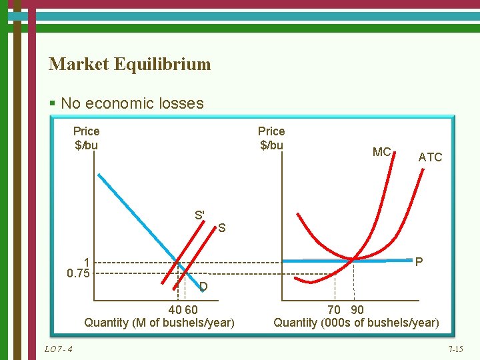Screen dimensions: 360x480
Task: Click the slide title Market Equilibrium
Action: [129, 64]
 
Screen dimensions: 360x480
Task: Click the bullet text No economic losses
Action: [131, 103]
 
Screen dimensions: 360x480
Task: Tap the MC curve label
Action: [381, 152]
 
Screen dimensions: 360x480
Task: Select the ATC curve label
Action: [430, 157]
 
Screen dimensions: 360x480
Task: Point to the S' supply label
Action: [199, 215]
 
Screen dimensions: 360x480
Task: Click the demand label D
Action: [203, 287]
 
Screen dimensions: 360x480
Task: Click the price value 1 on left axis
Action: [87, 262]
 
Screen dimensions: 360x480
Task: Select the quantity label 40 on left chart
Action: [175, 310]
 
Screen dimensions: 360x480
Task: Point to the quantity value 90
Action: [357, 310]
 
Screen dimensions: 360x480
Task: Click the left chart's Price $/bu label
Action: [86, 138]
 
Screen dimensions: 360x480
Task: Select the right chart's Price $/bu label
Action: [271, 138]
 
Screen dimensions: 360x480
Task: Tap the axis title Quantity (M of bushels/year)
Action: [159, 323]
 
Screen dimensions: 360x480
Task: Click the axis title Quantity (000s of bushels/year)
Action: [356, 323]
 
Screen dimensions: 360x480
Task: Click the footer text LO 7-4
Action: [59, 349]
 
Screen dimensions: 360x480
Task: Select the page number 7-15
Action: [455, 349]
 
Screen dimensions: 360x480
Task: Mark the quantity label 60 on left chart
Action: [191, 310]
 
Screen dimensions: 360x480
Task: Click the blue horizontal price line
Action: [320, 261]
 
